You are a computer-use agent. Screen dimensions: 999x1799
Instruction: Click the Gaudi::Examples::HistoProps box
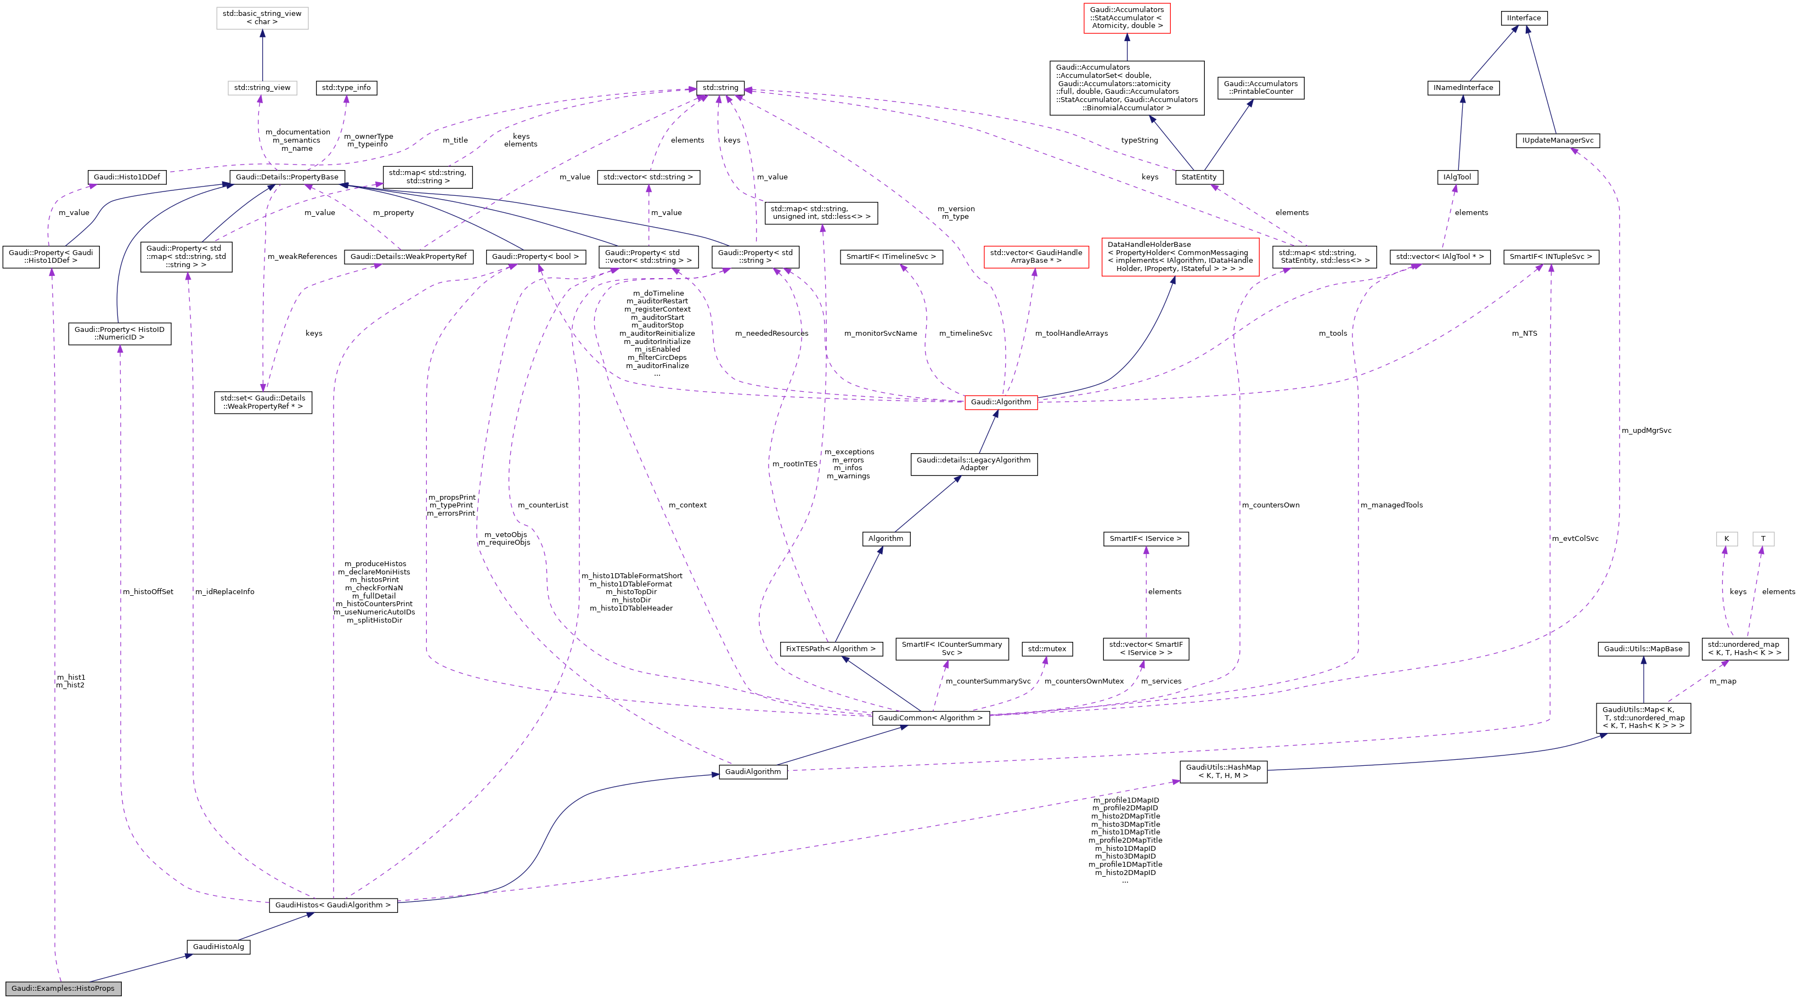tap(63, 989)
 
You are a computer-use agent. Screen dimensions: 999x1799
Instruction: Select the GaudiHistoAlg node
tap(218, 947)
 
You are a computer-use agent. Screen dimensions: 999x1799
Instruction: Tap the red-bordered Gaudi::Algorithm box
tap(1001, 402)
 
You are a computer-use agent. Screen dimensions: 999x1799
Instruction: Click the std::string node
tap(720, 88)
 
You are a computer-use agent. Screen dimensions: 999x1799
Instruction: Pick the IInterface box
tap(1524, 18)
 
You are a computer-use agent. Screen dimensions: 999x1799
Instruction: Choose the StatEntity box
tap(1199, 177)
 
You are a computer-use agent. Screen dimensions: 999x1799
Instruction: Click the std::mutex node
tap(1047, 649)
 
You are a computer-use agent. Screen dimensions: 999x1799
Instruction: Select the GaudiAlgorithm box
tap(753, 772)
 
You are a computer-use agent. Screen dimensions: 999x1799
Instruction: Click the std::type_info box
tap(346, 88)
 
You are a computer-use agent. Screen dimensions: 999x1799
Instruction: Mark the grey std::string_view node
tap(262, 88)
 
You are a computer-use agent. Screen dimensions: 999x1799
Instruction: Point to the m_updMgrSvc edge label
tap(1646, 431)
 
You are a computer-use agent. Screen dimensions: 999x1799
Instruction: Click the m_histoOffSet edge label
tap(148, 592)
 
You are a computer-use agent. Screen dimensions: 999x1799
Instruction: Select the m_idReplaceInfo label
tap(225, 592)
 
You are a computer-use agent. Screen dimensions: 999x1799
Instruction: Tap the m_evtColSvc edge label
tap(1575, 539)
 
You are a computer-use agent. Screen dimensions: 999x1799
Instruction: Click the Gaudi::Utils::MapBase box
tap(1643, 649)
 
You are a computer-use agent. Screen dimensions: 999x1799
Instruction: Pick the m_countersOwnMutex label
tap(1084, 681)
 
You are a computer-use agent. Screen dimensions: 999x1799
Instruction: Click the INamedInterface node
tap(1463, 88)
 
